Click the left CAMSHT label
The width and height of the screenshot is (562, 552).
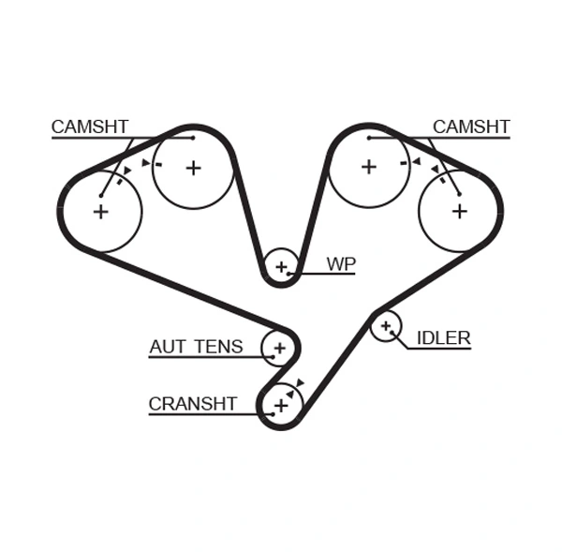pyautogui.click(x=90, y=127)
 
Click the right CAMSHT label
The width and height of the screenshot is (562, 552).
pyautogui.click(x=471, y=127)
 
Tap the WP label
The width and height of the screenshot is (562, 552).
pyautogui.click(x=341, y=264)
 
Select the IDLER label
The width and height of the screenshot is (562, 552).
pyautogui.click(x=443, y=338)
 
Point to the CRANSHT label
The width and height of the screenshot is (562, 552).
pyautogui.click(x=192, y=404)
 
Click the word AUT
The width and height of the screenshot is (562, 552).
pyautogui.click(x=168, y=347)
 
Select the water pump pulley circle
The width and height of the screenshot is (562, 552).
pyautogui.click(x=281, y=267)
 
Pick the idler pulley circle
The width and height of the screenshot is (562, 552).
pyautogui.click(x=385, y=326)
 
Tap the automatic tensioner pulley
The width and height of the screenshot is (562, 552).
pyautogui.click(x=278, y=348)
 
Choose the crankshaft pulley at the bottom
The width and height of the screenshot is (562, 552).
pyautogui.click(x=280, y=405)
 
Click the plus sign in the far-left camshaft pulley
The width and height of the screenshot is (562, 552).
pyautogui.click(x=100, y=212)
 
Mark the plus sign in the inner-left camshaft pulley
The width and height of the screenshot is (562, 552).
pyautogui.click(x=193, y=168)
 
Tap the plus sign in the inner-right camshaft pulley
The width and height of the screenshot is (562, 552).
pyautogui.click(x=368, y=167)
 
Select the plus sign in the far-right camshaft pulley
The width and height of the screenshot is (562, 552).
pyautogui.click(x=459, y=211)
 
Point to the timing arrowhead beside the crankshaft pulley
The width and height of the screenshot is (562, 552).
pyautogui.click(x=300, y=382)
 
